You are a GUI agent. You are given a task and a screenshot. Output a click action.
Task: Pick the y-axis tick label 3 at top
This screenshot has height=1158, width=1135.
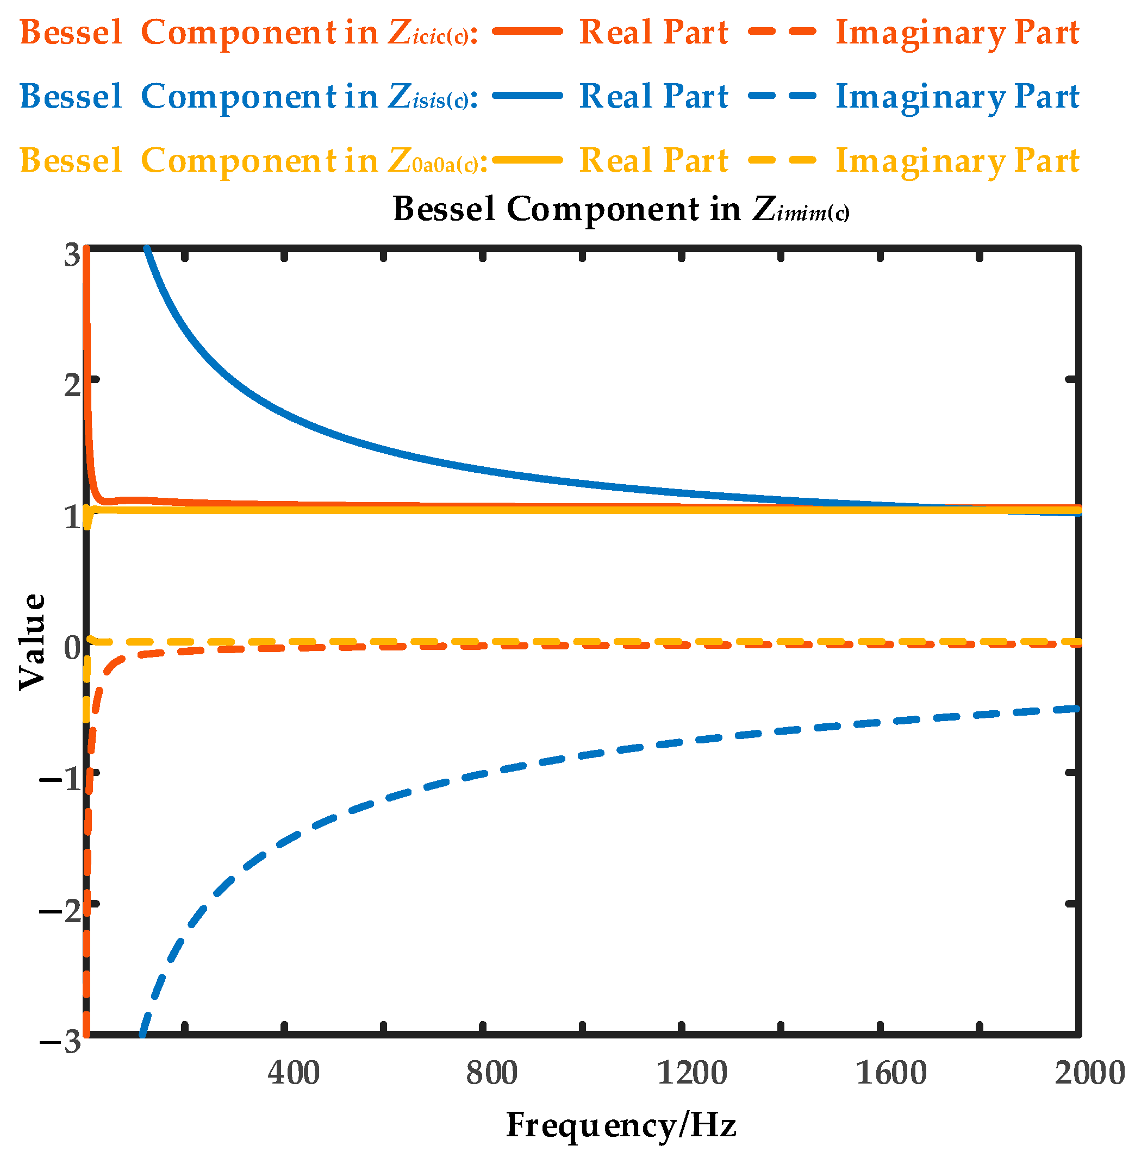click(72, 255)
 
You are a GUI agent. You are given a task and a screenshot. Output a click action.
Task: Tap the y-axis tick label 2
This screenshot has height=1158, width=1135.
click(72, 385)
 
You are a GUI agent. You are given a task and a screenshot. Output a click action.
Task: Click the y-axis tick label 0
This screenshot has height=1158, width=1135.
click(72, 647)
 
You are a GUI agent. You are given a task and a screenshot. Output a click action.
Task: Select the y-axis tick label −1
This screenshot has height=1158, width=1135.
click(60, 778)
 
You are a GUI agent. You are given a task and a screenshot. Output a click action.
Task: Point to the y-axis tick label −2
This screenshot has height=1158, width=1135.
click(60, 910)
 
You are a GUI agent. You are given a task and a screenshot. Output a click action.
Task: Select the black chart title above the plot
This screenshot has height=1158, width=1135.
click(621, 210)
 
